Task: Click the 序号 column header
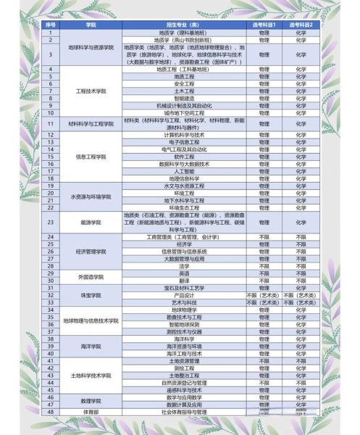[51, 25]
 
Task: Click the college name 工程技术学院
[91, 91]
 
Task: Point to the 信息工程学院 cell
[91, 156]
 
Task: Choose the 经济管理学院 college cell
[91, 252]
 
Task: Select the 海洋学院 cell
[91, 347]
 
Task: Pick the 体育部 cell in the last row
[91, 410]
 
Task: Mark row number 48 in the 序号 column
[51, 410]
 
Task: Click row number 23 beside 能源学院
[51, 222]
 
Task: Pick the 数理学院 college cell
[91, 399]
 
